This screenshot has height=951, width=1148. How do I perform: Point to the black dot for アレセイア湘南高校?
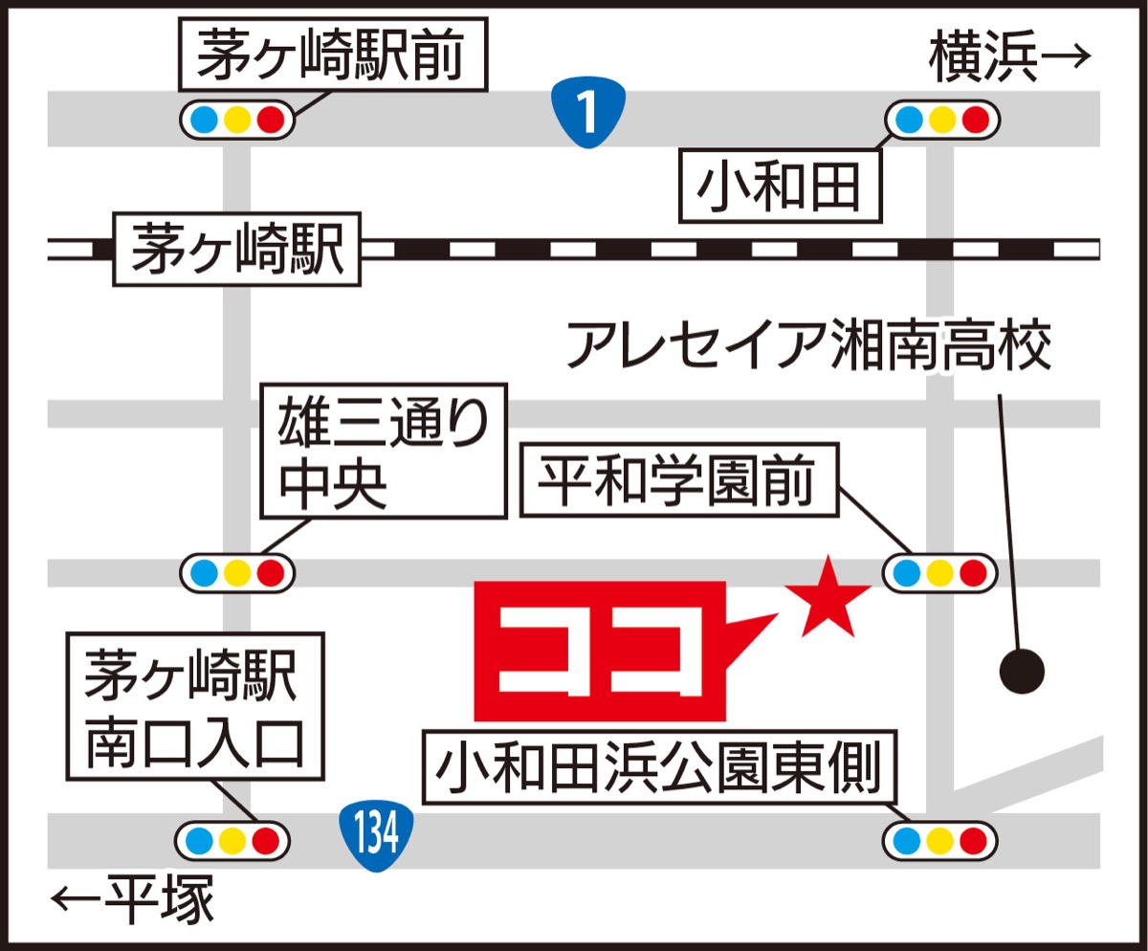coord(1022,672)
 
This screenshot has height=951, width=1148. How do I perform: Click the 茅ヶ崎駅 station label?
coord(237,249)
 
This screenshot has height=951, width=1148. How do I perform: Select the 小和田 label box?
coord(780,185)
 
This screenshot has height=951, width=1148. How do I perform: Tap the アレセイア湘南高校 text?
coord(808,345)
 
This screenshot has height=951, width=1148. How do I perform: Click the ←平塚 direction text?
coord(134,898)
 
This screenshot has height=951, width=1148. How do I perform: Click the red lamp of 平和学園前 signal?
coord(973,573)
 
